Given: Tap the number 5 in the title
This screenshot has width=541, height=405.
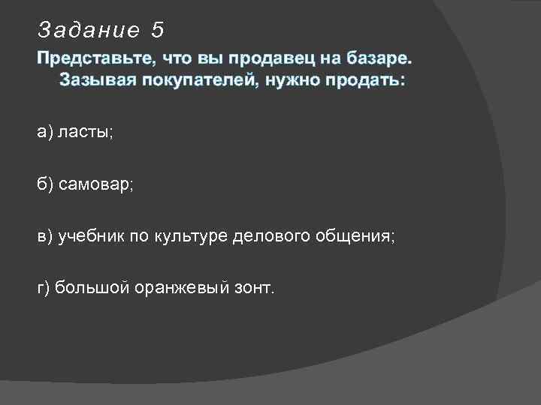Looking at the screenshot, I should tap(156, 30).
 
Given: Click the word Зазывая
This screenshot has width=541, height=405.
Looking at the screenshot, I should tap(93, 79).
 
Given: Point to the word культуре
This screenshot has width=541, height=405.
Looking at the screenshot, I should tap(194, 237).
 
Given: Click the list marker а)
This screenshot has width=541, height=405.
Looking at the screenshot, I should tap(45, 132).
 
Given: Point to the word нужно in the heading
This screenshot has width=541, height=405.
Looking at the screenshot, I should tap(289, 79).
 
